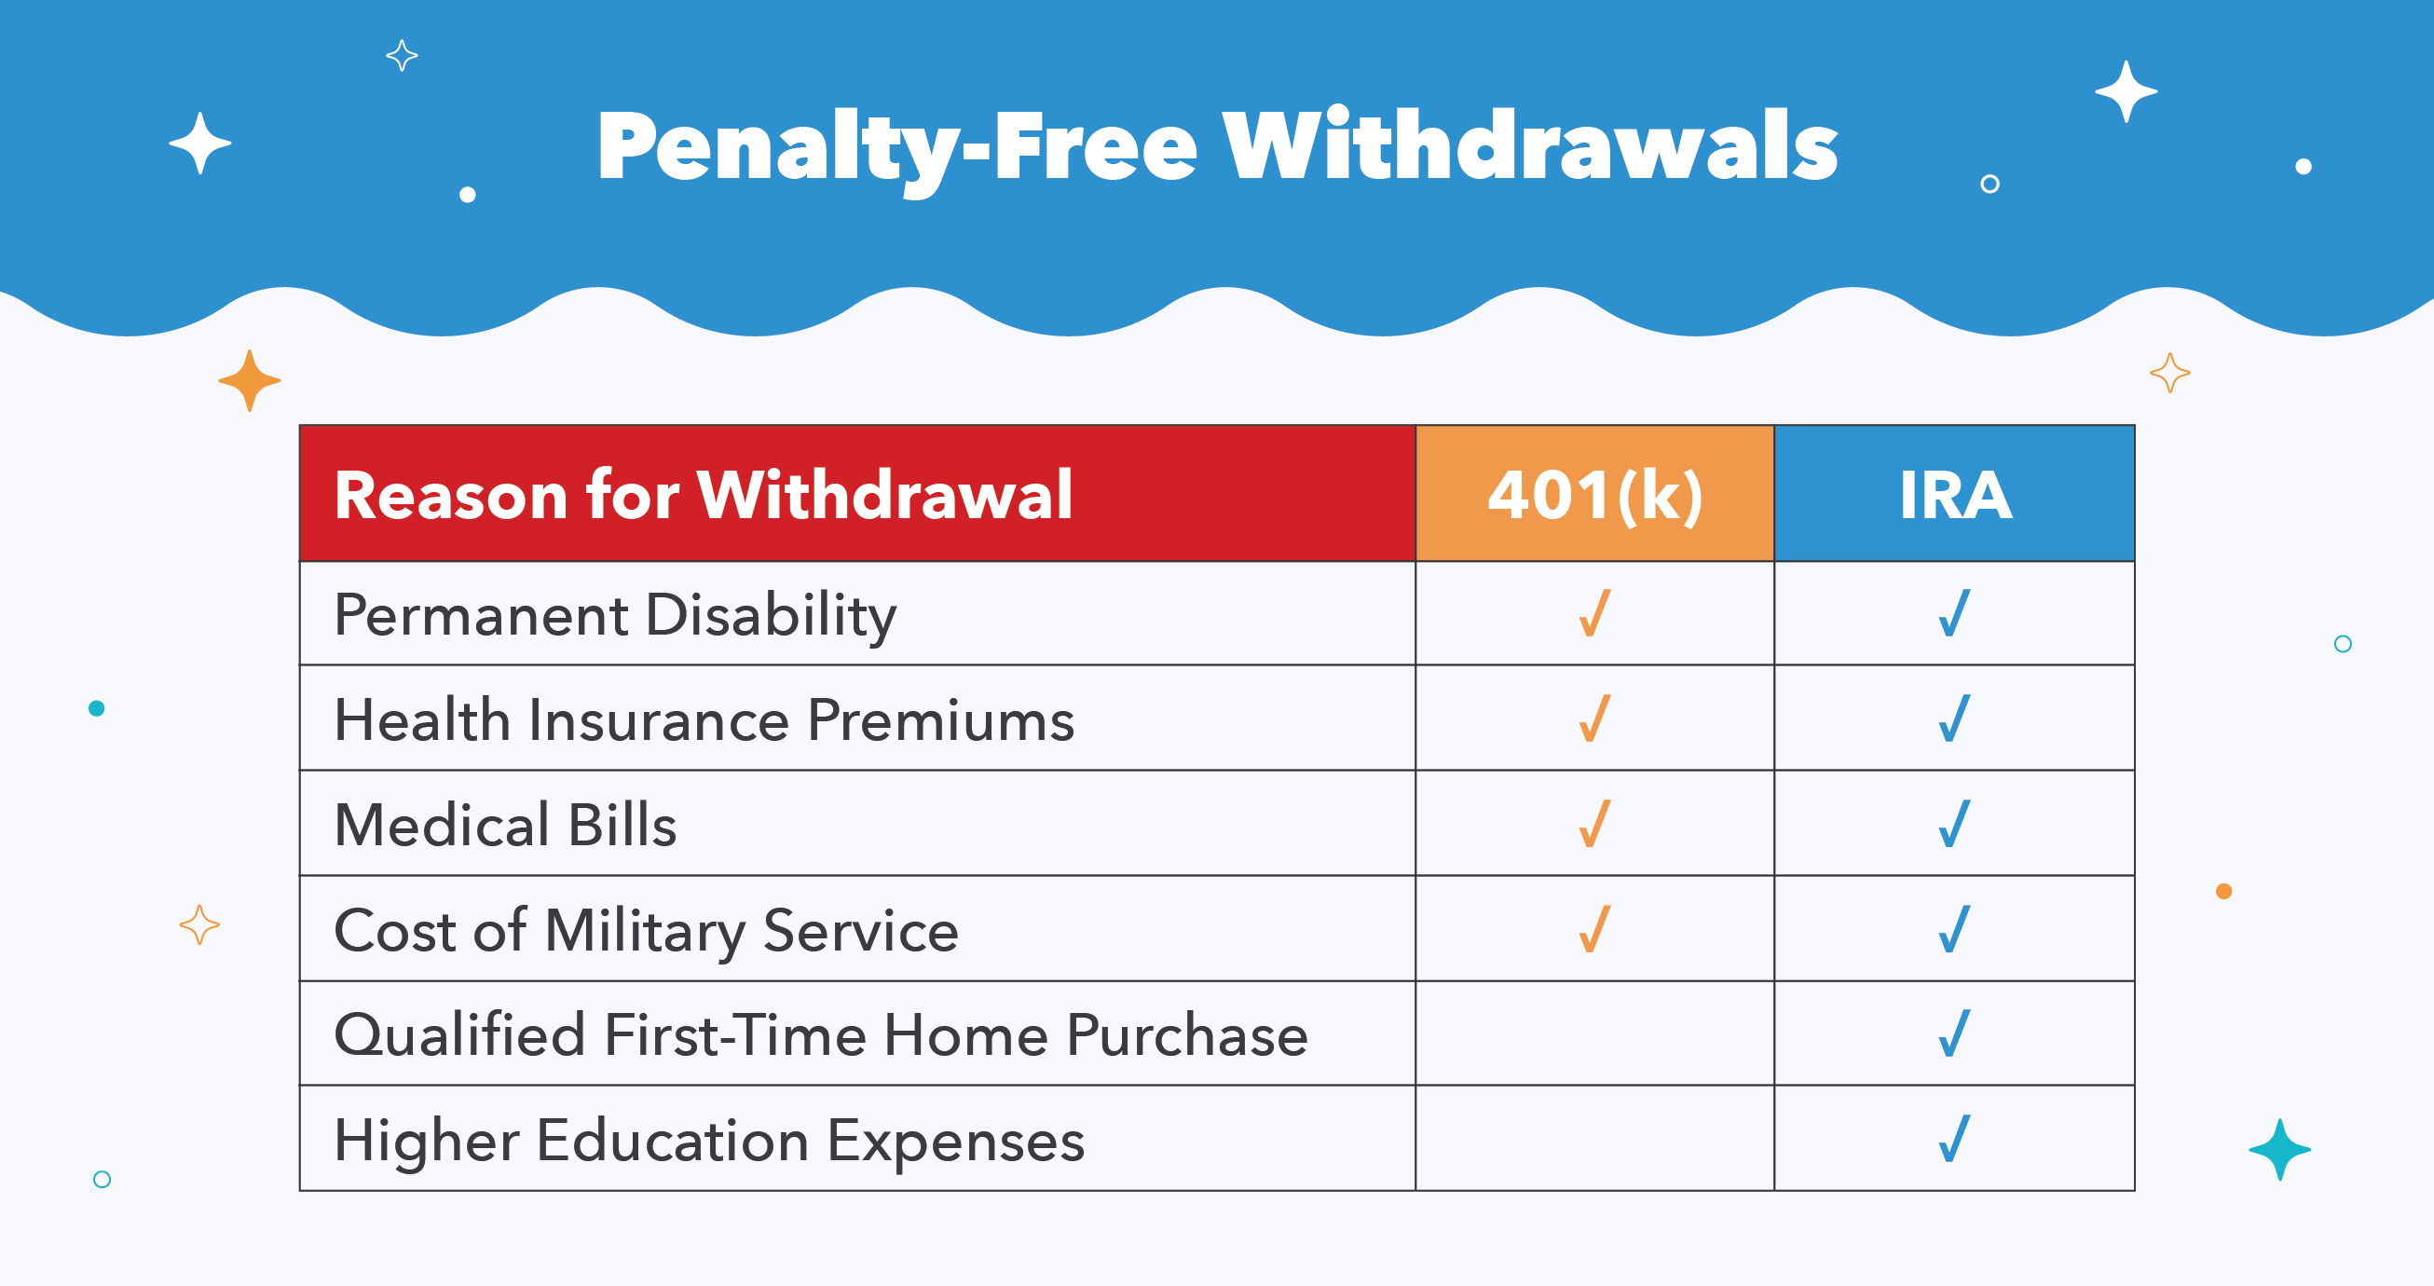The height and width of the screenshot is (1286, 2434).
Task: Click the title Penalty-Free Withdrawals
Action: coord(1217,148)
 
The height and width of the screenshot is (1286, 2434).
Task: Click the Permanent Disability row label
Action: coord(615,616)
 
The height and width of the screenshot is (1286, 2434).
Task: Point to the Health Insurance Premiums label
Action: coord(704,720)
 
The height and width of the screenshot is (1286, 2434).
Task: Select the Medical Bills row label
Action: coord(505,825)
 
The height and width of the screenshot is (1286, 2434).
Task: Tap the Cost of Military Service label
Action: coord(647,931)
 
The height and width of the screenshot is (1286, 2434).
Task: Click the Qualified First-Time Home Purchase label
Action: coord(821,1034)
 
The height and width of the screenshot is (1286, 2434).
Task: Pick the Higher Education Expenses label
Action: coord(709,1142)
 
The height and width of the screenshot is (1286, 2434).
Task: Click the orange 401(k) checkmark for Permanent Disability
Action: coord(1595,613)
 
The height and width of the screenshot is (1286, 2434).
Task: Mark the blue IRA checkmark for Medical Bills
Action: coord(1954,823)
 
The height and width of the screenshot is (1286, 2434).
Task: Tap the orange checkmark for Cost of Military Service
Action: coord(1595,929)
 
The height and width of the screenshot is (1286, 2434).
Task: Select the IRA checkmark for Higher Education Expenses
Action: coord(1954,1139)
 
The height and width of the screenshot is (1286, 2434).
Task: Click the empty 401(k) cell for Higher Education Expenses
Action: coord(1595,1139)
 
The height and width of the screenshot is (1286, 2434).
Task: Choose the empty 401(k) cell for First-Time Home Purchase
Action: coord(1595,1033)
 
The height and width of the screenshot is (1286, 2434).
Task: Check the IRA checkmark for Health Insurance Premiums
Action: coord(1954,718)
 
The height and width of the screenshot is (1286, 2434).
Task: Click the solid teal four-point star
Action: coord(2279,1150)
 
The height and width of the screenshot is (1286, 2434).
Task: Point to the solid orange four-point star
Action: coord(250,381)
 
